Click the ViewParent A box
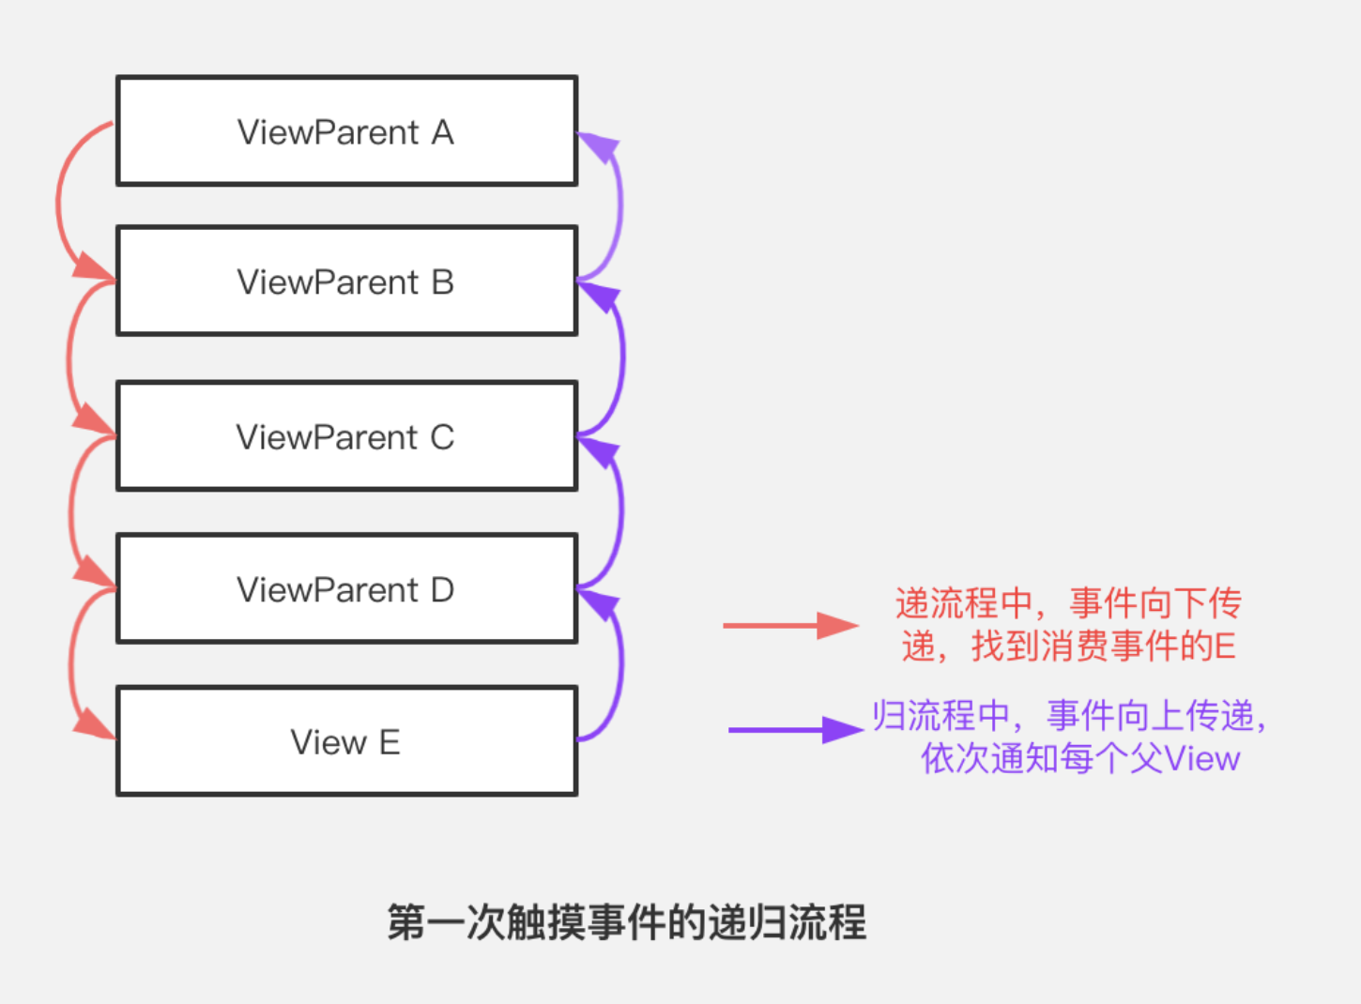[x=346, y=131]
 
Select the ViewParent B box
[x=346, y=281]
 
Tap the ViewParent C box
[x=346, y=436]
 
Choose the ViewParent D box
[x=346, y=589]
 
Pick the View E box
[x=346, y=741]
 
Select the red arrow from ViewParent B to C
[x=69, y=357]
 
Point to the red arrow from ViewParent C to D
[x=71, y=511]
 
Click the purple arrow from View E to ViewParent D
[x=620, y=666]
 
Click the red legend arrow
[x=788, y=625]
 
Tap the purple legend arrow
[x=794, y=729]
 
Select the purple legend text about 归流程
[x=1070, y=737]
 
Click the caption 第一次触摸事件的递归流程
[x=627, y=922]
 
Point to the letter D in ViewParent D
[x=442, y=590]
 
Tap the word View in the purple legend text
[x=1202, y=758]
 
